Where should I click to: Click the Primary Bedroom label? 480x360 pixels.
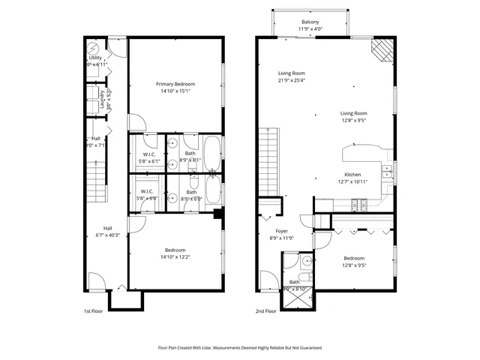pos(175,83)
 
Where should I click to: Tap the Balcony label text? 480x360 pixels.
pos(310,22)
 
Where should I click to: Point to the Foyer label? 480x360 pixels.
pos(282,231)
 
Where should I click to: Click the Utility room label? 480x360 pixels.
pos(95,57)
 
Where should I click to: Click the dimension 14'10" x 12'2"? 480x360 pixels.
pos(175,257)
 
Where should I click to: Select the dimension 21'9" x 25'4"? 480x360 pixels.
pos(294,80)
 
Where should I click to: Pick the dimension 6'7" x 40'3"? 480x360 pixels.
pos(107,235)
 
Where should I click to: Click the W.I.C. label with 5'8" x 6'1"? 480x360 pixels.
pos(147,155)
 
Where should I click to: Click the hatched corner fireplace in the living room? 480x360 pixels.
pos(382,51)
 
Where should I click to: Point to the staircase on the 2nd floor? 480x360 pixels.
pos(268,161)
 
